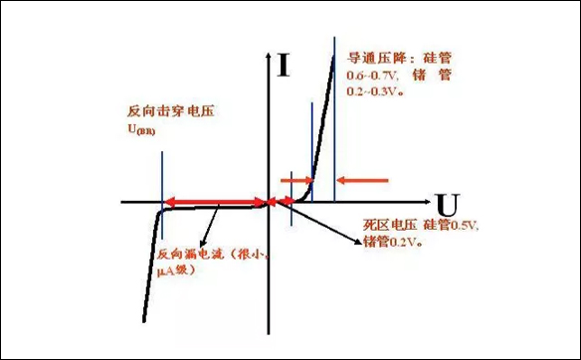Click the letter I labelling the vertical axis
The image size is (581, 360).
[285, 66]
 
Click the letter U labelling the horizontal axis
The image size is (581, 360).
[448, 207]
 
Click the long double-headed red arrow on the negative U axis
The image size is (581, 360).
[215, 203]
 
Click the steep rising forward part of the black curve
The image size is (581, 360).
[321, 119]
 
